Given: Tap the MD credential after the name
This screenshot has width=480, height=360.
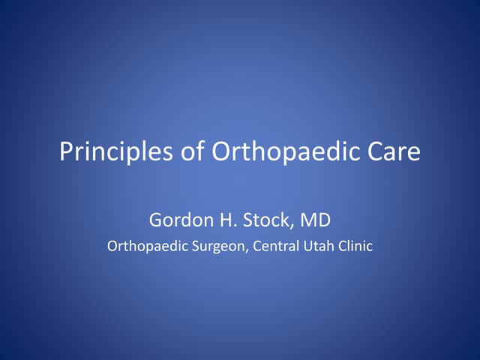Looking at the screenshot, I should click(x=316, y=220).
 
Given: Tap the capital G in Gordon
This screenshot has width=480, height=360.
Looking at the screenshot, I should click(x=155, y=220).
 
